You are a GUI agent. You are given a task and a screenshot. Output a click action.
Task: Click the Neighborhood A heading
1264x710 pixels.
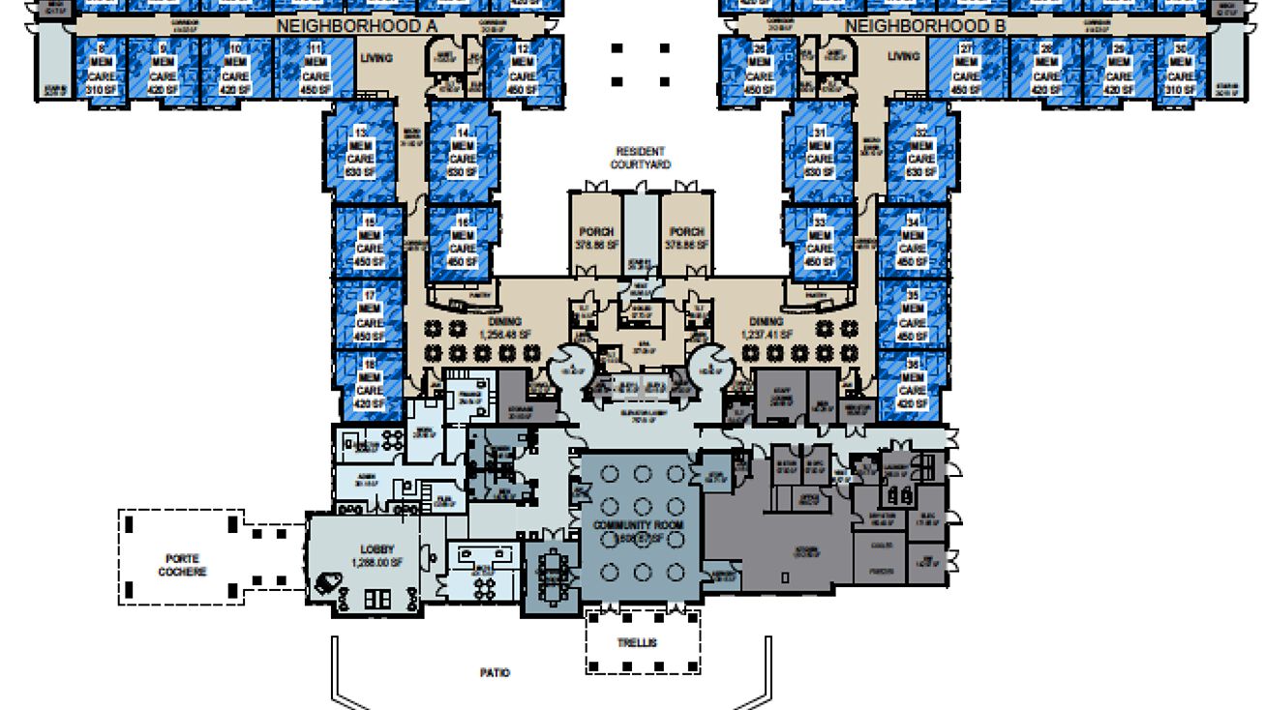[356, 27]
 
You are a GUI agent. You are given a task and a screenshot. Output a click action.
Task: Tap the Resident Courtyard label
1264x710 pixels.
[640, 158]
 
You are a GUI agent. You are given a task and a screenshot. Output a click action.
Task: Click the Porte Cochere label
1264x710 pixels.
[182, 565]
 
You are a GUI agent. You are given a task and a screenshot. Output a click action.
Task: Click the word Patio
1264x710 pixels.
[494, 672]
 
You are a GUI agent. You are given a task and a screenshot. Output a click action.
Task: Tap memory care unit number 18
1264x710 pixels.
[369, 383]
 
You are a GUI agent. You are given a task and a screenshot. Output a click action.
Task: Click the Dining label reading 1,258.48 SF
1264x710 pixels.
[505, 328]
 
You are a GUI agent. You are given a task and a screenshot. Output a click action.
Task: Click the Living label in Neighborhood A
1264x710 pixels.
[376, 58]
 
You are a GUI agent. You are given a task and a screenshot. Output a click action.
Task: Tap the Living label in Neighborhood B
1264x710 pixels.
[903, 56]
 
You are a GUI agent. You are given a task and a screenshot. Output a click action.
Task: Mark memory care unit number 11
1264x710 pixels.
[316, 69]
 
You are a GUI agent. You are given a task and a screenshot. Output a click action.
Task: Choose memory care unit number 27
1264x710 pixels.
[965, 69]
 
